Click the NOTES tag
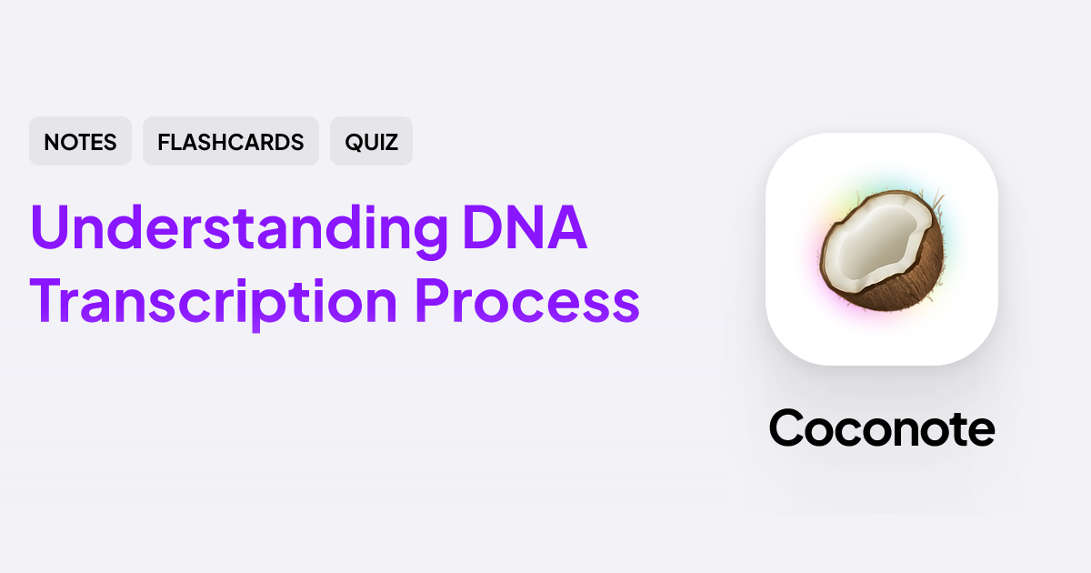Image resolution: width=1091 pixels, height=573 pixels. click(x=80, y=142)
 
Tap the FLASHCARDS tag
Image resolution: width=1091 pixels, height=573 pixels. click(x=230, y=142)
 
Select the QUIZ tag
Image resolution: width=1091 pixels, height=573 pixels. click(x=371, y=142)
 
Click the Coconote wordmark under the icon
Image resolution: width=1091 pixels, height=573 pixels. click(x=882, y=427)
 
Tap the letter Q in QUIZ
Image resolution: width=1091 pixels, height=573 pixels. click(x=352, y=142)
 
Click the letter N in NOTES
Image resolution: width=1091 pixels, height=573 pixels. click(x=51, y=142)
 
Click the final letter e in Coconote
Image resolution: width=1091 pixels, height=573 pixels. click(x=980, y=430)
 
